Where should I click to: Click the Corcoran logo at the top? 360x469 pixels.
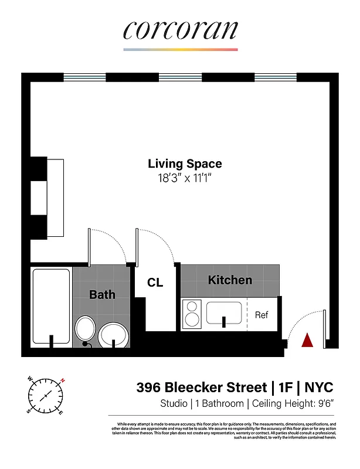pos(180,30)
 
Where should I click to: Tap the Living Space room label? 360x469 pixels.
pos(185,164)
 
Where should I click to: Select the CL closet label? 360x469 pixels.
pos(155,283)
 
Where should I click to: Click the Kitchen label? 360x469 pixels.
pos(230,280)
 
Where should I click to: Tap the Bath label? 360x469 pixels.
pos(102,294)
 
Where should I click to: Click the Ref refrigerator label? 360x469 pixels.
pos(261,315)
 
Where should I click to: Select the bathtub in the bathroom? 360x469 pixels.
pos(51,306)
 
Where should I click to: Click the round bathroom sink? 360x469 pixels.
pos(114,335)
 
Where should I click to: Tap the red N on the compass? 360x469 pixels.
pos(62,380)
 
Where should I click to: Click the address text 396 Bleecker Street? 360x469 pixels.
pos(202,388)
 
